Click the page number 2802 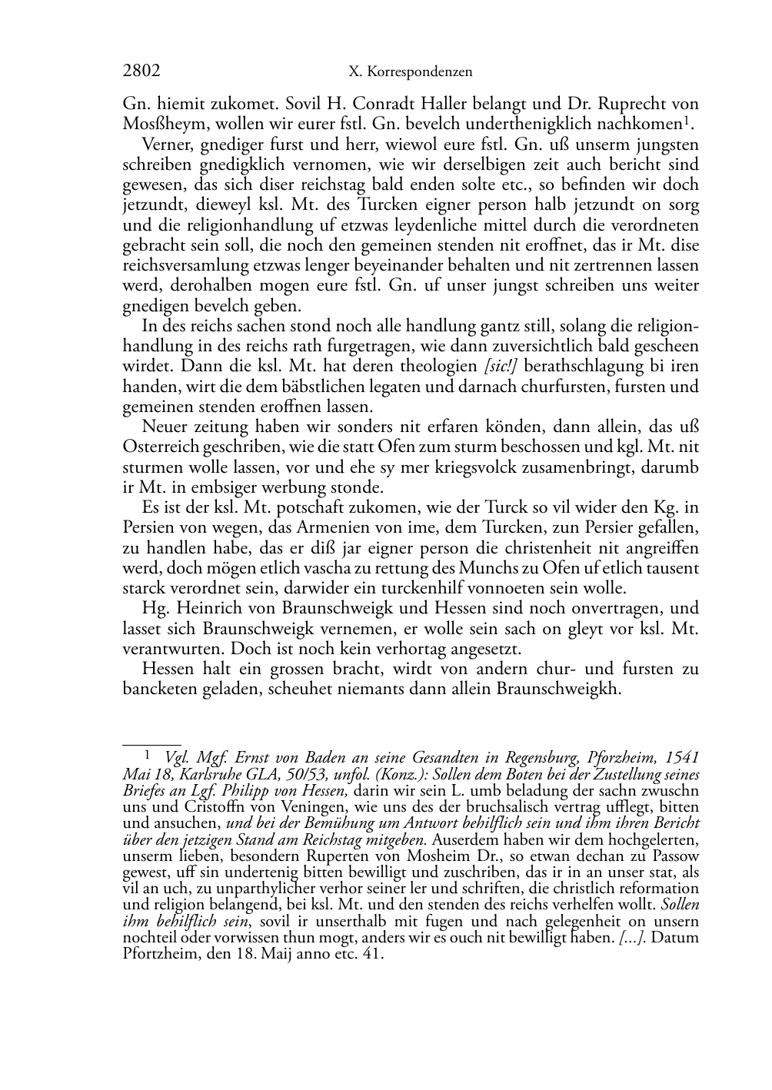[141, 71]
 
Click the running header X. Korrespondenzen [410, 72]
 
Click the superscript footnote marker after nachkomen [694, 121]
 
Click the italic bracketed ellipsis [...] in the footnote [631, 938]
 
